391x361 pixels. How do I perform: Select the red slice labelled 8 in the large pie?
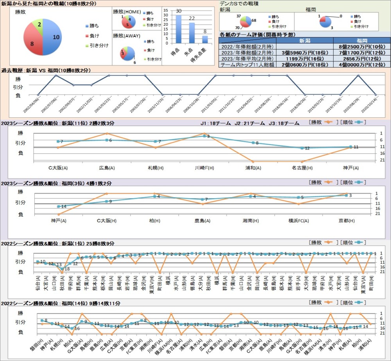(x=32, y=43)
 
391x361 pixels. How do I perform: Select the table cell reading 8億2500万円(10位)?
(x=362, y=46)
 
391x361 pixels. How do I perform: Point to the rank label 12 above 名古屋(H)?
(x=307, y=148)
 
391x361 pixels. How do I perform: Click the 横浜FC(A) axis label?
(x=298, y=221)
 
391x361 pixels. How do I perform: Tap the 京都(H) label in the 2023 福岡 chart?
(x=346, y=221)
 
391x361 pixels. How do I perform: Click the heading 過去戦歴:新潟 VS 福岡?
(x=46, y=70)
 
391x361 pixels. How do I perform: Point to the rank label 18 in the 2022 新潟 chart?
(x=67, y=269)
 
